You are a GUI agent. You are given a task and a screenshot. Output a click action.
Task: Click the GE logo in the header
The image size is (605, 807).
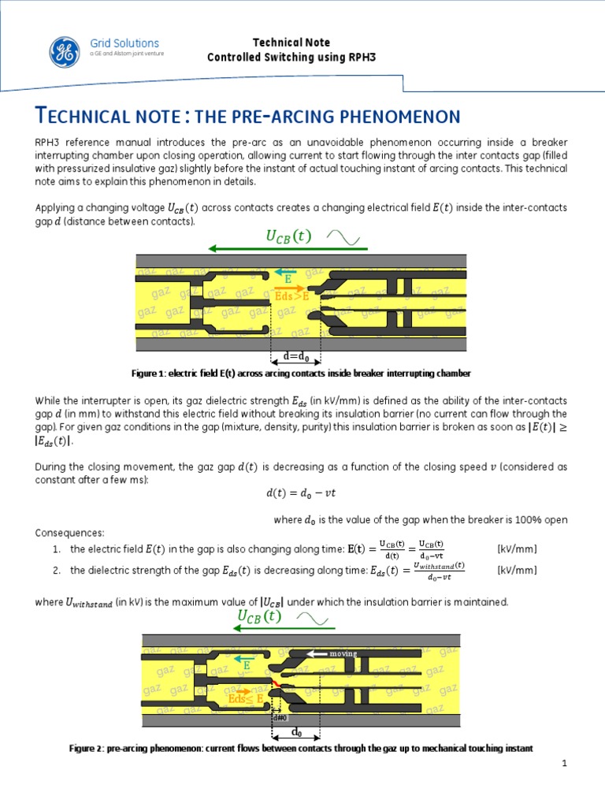point(64,52)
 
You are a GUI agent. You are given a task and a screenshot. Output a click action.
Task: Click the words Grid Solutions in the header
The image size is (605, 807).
point(124,43)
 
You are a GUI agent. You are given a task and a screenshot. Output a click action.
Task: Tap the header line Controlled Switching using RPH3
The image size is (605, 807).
point(291,58)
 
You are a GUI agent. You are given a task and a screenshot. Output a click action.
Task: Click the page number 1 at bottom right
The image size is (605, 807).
point(565,764)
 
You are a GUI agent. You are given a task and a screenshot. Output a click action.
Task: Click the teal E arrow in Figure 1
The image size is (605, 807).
point(288,273)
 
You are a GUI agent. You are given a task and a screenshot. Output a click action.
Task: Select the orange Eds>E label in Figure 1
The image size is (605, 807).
point(291,295)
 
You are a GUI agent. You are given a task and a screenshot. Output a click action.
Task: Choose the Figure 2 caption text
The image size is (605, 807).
point(302,747)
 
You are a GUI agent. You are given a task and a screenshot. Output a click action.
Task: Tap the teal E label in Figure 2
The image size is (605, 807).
point(245,666)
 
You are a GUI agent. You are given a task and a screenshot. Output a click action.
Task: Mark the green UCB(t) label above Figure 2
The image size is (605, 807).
point(258,616)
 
